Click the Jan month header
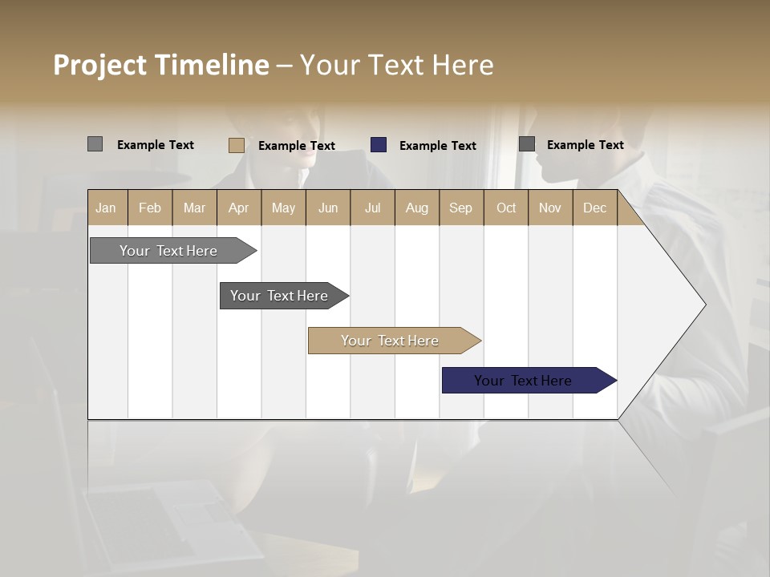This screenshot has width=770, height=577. point(107,208)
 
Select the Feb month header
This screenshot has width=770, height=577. point(150,208)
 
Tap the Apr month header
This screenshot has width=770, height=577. point(239,208)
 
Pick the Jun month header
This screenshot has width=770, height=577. point(328,208)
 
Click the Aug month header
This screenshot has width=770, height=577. point(417,208)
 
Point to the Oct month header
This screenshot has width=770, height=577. point(506,208)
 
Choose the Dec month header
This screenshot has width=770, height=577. point(595,208)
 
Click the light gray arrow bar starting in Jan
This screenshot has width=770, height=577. point(168,251)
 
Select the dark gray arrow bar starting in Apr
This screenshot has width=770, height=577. point(279,296)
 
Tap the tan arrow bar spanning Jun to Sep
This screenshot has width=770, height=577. point(390,341)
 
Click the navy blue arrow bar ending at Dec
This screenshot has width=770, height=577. point(523,381)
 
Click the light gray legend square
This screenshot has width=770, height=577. point(95,144)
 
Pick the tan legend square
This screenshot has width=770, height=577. point(236,145)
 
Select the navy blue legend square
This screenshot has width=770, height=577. point(379,145)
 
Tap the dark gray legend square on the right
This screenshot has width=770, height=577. point(527,144)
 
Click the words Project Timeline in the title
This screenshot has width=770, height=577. point(160,65)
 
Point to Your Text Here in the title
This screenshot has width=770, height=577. point(397,65)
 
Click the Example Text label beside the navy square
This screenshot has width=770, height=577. point(438,146)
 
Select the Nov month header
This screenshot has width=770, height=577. point(550,208)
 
